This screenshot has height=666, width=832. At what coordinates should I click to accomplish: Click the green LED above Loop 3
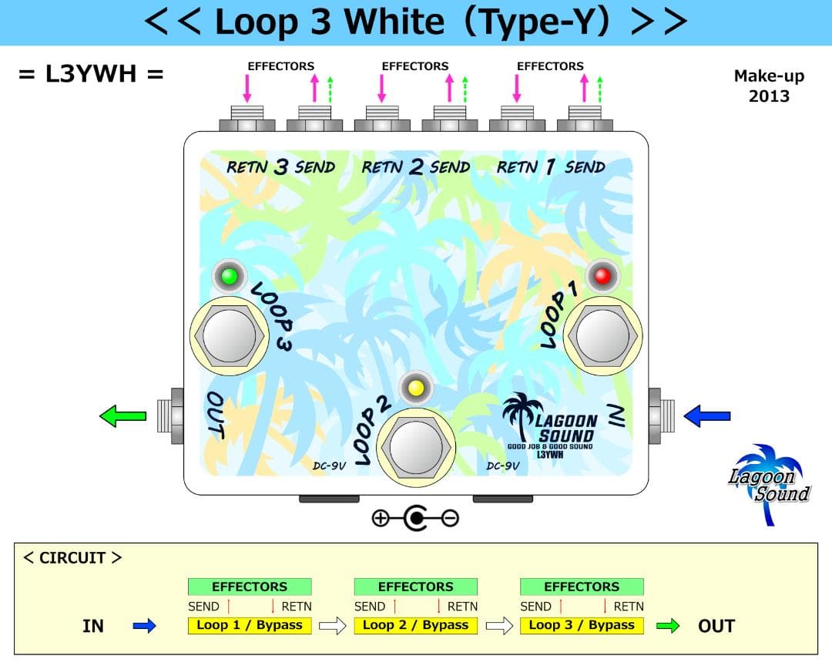point(230,276)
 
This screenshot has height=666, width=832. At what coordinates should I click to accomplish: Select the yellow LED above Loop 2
point(416,388)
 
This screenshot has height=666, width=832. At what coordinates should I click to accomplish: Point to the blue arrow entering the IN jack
point(707,416)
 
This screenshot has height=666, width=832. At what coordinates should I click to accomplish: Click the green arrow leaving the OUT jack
point(123,416)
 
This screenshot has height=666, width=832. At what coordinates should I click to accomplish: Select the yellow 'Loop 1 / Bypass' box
point(249,625)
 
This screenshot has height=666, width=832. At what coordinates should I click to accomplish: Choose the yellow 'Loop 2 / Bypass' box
point(415,625)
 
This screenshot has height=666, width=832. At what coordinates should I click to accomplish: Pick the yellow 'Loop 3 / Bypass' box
point(582,625)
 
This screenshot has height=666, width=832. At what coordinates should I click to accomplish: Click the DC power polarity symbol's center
point(416,518)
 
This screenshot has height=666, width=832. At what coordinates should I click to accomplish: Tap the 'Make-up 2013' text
point(769,86)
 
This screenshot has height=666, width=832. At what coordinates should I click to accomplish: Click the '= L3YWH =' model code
point(91,75)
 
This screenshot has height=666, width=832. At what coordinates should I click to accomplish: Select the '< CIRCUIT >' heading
point(72,557)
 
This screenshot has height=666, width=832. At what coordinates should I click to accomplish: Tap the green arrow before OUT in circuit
point(668,626)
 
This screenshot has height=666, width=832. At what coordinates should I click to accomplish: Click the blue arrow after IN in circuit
point(144,626)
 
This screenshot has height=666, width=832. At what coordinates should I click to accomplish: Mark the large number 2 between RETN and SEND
point(416,167)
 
